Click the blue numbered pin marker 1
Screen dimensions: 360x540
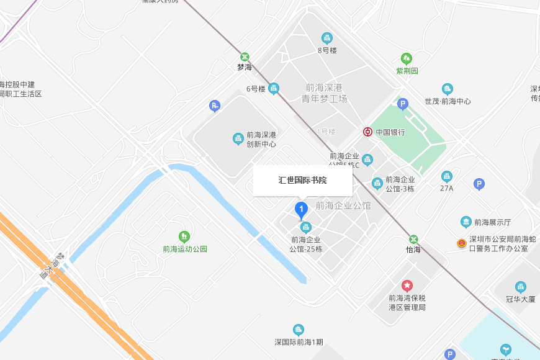[302, 210]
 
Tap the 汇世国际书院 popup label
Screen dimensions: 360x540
[302, 181]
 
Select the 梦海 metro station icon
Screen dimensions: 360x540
[245, 56]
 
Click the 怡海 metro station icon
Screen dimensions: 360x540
[413, 239]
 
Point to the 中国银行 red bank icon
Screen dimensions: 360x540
[368, 132]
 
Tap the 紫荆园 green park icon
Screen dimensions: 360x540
[407, 59]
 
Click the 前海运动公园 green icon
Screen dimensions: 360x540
[184, 236]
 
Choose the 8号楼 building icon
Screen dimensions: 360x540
[327, 38]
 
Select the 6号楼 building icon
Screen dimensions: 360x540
[273, 89]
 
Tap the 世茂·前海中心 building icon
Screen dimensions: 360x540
[448, 89]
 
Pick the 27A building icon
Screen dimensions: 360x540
[447, 177]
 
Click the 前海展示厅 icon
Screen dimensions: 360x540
[466, 222]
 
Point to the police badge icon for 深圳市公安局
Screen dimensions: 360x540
[461, 243]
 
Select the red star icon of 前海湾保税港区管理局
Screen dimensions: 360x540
[407, 286]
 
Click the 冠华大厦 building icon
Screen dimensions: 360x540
[520, 287]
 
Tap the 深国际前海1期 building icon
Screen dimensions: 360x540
[299, 330]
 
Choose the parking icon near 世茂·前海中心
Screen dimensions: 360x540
[403, 104]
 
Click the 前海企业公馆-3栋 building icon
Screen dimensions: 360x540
[377, 183]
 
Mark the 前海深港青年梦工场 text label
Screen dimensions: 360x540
[324, 93]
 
